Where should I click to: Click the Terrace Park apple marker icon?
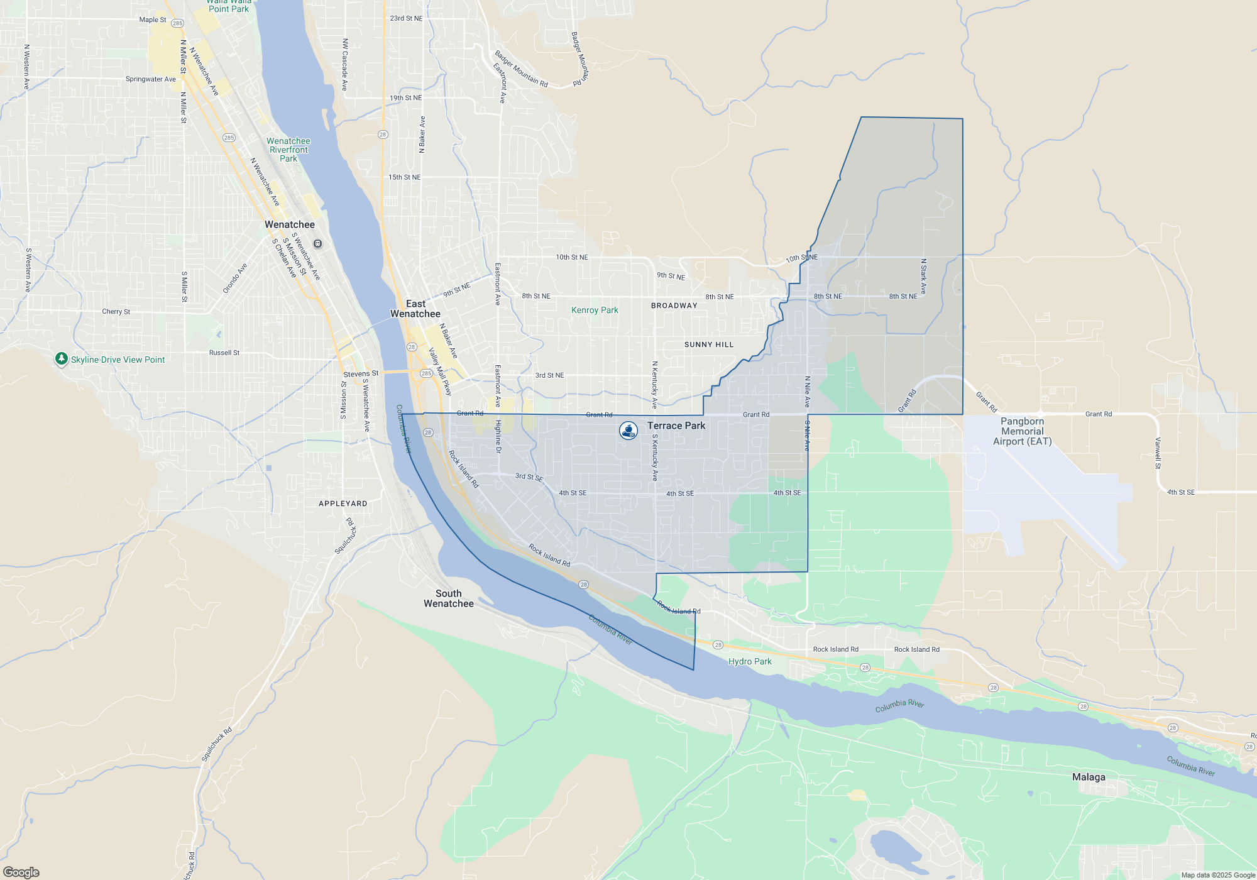click(628, 430)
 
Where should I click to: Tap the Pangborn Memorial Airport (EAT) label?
click(1022, 431)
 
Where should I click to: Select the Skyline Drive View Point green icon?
click(61, 359)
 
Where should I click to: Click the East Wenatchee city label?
click(415, 309)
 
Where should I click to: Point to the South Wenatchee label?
click(448, 598)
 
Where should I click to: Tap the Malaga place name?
click(1089, 777)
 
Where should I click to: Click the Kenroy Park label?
click(595, 310)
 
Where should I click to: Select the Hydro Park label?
click(750, 661)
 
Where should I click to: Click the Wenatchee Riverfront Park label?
click(288, 150)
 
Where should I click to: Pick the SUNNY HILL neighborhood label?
click(709, 344)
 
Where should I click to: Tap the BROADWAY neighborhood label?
click(674, 305)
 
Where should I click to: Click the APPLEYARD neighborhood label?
click(343, 503)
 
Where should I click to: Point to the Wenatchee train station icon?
click(318, 244)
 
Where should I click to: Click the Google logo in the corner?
click(21, 872)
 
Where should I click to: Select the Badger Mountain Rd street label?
click(521, 69)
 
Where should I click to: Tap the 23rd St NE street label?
click(406, 18)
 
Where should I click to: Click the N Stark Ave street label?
click(923, 277)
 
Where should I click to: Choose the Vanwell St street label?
click(1158, 453)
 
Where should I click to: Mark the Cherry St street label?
click(116, 311)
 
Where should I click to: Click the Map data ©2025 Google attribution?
click(1217, 875)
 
